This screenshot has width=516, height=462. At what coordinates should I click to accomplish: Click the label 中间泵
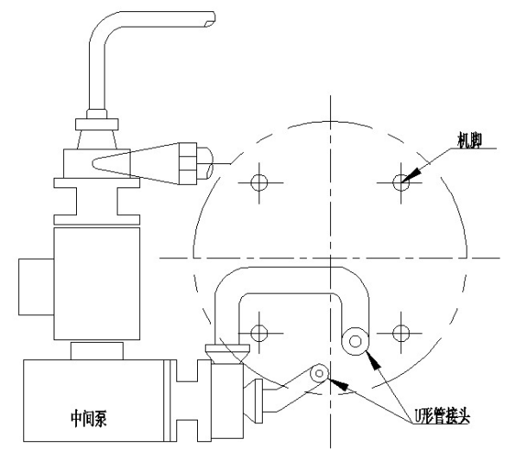[88, 418]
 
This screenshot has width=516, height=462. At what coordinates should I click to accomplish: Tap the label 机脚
[469, 141]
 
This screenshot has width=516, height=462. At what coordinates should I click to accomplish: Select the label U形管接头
[442, 415]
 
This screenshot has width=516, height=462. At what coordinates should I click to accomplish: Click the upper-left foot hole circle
[259, 182]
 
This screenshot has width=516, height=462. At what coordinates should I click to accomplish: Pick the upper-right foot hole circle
[401, 182]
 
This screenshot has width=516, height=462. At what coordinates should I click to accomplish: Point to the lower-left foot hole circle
[259, 333]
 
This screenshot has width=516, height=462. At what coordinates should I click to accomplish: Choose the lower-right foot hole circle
[401, 333]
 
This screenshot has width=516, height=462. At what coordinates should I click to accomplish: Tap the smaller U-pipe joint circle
[319, 373]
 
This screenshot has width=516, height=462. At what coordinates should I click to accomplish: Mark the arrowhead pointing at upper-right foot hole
[412, 174]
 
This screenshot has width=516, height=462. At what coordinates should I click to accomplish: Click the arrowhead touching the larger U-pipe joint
[373, 360]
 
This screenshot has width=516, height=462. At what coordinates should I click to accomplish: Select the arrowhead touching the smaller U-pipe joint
[338, 384]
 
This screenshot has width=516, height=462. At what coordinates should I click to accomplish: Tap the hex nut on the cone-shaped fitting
[188, 163]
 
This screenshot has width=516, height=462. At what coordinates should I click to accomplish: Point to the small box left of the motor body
[36, 287]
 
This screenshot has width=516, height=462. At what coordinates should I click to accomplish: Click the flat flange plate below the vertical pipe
[97, 124]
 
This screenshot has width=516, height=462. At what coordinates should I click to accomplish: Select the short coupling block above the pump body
[97, 351]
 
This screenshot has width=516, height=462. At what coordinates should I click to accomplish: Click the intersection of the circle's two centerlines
[330, 258]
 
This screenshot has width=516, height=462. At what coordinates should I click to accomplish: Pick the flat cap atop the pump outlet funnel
[227, 348]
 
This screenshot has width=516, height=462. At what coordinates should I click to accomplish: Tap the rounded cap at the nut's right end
[205, 163]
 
